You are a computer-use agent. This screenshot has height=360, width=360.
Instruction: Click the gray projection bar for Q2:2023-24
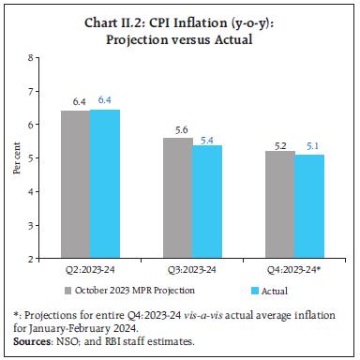pyautogui.click(x=75, y=184)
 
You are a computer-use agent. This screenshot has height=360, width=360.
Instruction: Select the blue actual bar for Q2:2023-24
pyautogui.click(x=104, y=184)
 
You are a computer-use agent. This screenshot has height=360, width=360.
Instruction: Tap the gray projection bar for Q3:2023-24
pyautogui.click(x=177, y=197)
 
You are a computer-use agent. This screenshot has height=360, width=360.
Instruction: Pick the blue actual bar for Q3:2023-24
pyautogui.click(x=207, y=201)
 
